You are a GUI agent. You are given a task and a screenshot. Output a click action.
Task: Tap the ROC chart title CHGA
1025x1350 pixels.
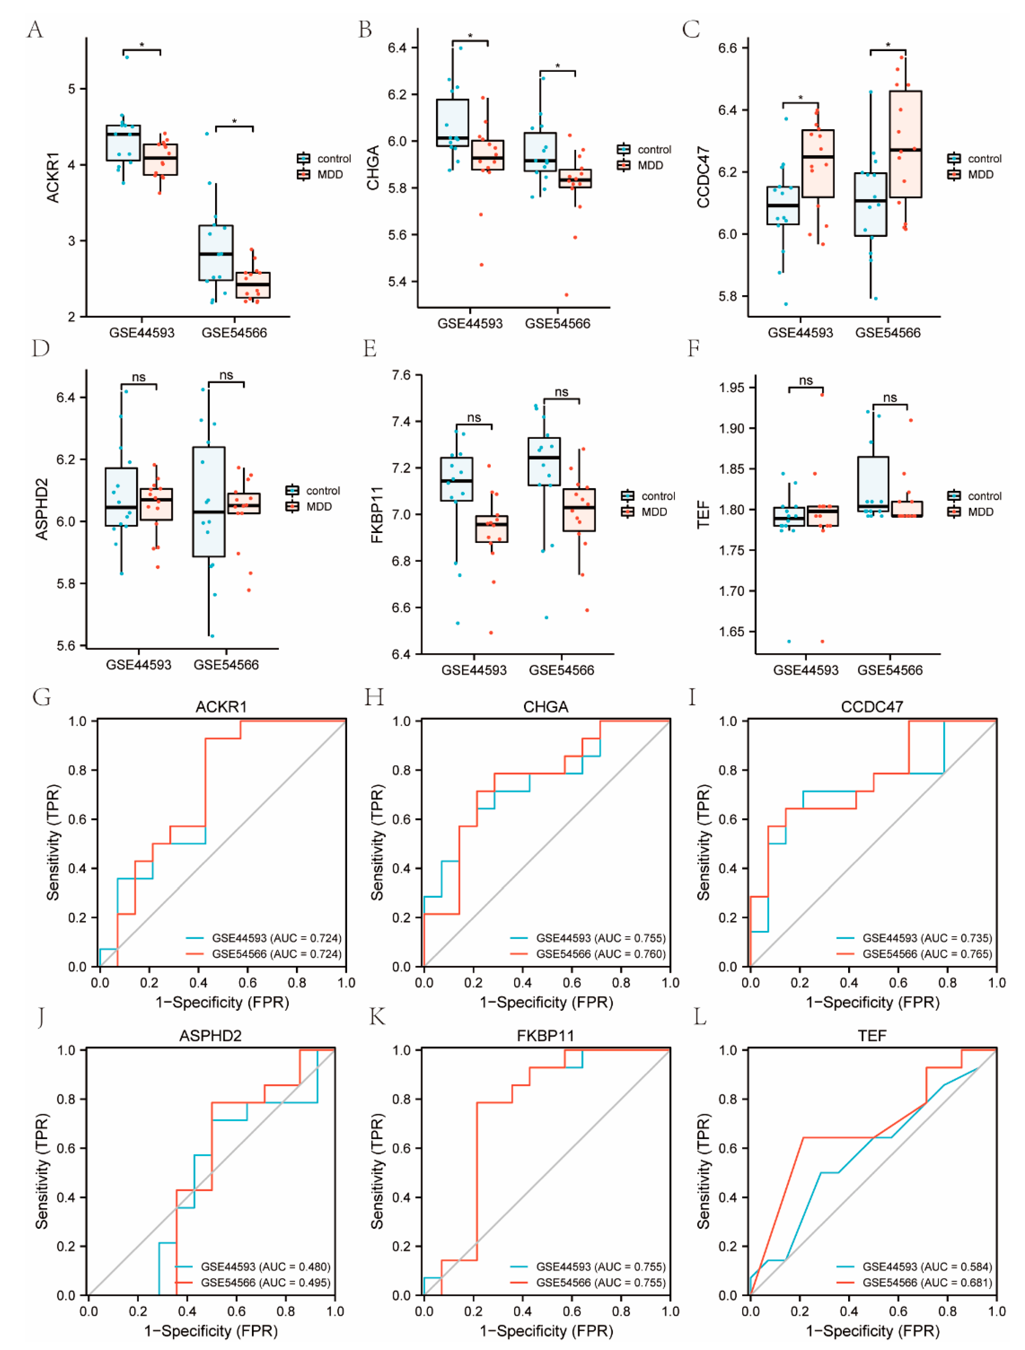545,707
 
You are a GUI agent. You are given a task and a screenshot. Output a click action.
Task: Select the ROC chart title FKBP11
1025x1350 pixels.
545,1036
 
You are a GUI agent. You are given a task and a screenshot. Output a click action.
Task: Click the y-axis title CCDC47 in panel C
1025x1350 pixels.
704,177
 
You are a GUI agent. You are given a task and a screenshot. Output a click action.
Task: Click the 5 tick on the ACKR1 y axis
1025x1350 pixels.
72,89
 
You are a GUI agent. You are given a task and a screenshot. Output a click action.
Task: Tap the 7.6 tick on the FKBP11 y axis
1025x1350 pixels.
402,375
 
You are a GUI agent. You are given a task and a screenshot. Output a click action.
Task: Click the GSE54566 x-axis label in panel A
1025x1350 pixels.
234,333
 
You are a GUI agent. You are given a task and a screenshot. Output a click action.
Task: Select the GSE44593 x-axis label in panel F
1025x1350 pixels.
805,670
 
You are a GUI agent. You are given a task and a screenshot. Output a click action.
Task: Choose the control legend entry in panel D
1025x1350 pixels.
323,491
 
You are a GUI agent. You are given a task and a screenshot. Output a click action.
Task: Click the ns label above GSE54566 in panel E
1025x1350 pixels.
561,392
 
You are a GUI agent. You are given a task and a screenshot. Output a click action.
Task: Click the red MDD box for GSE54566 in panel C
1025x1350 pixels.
905,144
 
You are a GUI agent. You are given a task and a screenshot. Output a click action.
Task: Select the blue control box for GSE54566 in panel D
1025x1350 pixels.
209,502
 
